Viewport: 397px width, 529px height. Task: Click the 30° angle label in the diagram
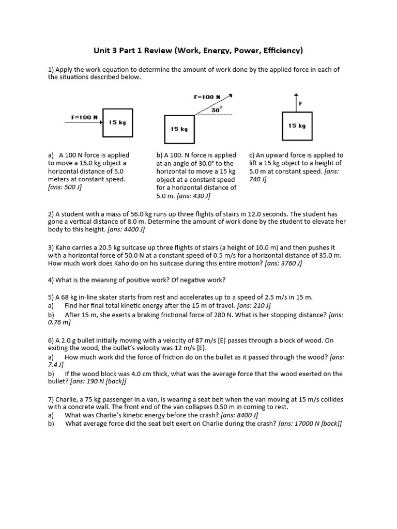pos(217,110)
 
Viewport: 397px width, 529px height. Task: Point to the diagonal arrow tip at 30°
pos(230,96)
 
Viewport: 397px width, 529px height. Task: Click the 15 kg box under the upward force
pos(297,126)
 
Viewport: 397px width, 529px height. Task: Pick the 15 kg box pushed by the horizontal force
pos(117,123)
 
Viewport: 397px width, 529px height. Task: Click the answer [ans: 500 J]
pos(65,188)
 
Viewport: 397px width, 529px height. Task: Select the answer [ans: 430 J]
pos(193,196)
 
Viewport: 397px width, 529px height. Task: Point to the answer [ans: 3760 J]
pos(283,263)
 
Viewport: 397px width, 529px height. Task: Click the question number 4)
pos(51,280)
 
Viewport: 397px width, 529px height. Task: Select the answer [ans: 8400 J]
pos(239,415)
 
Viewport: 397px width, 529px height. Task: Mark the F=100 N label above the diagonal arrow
pos(206,97)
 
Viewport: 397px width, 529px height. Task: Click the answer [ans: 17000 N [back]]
pos(310,424)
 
